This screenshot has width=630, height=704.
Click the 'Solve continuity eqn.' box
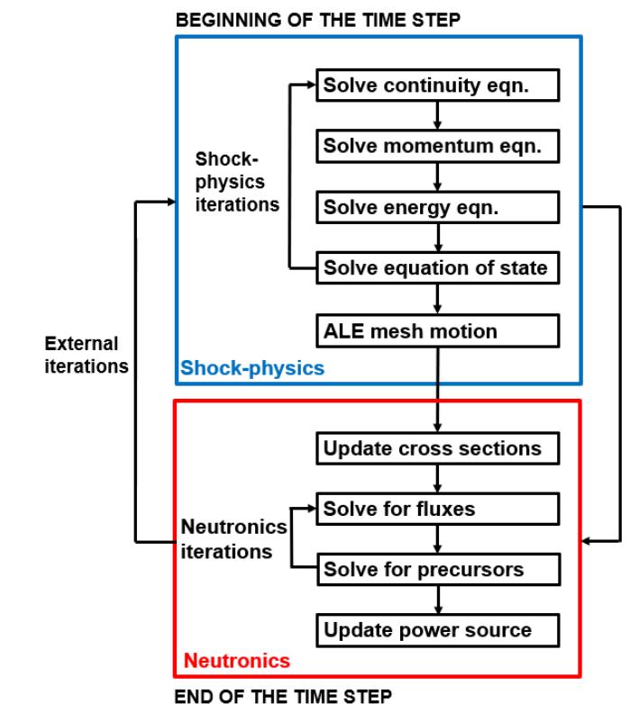pyautogui.click(x=437, y=86)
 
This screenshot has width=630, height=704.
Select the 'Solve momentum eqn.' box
pyautogui.click(x=437, y=146)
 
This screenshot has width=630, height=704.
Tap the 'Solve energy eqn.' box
pyautogui.click(x=437, y=206)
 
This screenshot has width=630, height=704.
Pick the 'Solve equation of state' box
pyautogui.click(x=437, y=267)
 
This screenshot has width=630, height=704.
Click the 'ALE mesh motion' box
pyautogui.click(x=437, y=330)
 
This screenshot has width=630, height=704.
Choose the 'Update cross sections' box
pyautogui.click(x=437, y=448)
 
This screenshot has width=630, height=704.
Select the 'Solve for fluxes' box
pyautogui.click(x=437, y=510)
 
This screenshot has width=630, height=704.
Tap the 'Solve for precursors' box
pyautogui.click(x=437, y=570)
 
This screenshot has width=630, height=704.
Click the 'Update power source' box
pyautogui.click(x=437, y=629)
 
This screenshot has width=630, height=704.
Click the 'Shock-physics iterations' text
pyautogui.click(x=237, y=180)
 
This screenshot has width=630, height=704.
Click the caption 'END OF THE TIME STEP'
pyautogui.click(x=283, y=693)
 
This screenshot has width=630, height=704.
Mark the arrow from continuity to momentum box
pyautogui.click(x=437, y=116)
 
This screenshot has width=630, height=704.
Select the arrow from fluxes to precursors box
pyautogui.click(x=437, y=539)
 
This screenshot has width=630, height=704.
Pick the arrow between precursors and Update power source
pyautogui.click(x=437, y=600)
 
